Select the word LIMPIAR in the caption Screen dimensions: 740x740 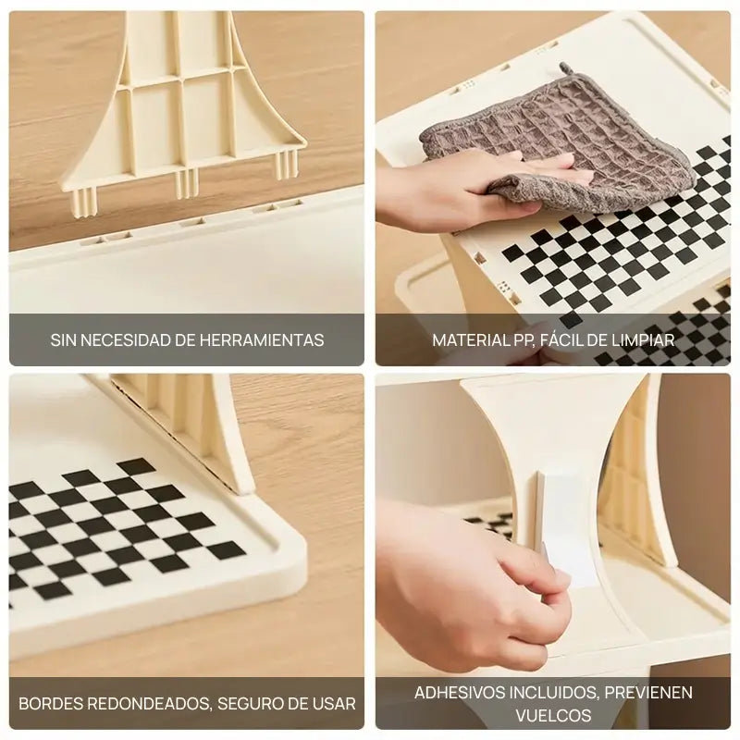640,340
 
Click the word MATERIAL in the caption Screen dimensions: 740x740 470,340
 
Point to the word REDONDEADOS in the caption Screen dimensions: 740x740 146,704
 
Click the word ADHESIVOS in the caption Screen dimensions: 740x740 453,693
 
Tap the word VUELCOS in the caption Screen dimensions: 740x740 553,716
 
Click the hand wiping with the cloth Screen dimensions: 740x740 453,194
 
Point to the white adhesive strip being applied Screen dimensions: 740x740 566,518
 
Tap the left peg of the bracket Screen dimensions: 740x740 81,199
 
